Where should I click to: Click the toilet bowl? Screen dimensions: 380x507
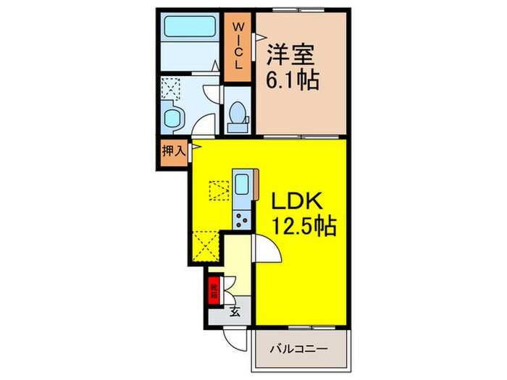236,116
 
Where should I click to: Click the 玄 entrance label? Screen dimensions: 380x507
235,313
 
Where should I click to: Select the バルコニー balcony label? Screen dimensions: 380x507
301,348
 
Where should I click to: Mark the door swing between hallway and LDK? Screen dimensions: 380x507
266,250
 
